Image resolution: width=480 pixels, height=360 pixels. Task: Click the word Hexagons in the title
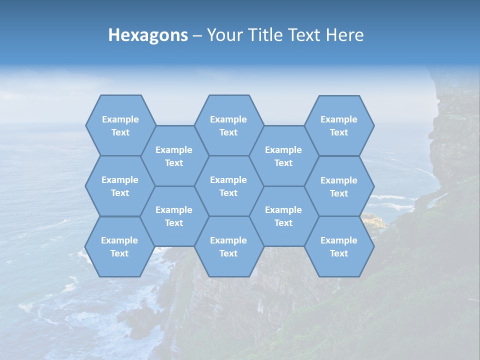click(x=148, y=35)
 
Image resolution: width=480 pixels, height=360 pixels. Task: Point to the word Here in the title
click(x=345, y=35)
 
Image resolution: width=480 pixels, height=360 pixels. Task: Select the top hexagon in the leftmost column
click(x=120, y=125)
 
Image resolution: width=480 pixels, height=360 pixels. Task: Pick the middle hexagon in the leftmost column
click(x=120, y=186)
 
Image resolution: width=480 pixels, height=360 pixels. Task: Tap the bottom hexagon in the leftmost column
click(x=119, y=246)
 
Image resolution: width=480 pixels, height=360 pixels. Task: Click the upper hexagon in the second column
click(x=174, y=156)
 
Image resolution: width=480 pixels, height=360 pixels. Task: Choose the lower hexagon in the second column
click(x=174, y=216)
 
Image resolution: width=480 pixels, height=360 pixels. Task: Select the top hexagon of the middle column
click(x=228, y=125)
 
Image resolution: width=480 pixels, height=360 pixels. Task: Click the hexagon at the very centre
click(x=228, y=186)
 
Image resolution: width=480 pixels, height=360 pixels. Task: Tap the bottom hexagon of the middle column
click(x=228, y=246)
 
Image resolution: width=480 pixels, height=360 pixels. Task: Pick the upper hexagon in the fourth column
click(x=283, y=156)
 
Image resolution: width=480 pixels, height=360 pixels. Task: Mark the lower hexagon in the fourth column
click(x=283, y=216)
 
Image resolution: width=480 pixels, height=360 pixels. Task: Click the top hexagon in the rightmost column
click(x=339, y=125)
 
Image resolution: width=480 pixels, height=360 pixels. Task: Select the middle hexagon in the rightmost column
click(x=339, y=186)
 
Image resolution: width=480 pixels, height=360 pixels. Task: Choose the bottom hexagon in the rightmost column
click(x=339, y=246)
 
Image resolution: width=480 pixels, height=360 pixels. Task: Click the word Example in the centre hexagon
click(x=228, y=180)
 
